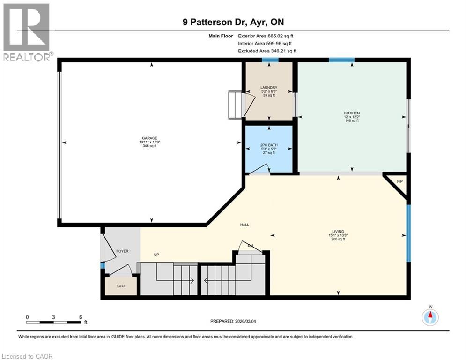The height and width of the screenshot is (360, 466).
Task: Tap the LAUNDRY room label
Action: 269,88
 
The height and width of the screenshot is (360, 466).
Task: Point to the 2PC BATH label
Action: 269,145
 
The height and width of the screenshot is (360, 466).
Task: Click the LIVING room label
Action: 338,232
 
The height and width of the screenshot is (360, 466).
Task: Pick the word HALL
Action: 244,225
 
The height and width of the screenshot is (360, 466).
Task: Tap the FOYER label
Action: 122,251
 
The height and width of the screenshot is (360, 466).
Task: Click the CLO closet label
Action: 121,286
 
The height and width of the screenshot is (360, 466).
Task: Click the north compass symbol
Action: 430,317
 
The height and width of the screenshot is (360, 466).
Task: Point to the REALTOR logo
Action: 26,32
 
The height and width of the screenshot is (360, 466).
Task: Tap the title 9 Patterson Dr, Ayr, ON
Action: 233,22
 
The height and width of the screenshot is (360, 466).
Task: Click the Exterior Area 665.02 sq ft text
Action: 266,36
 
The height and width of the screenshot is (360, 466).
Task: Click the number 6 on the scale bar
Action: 81,317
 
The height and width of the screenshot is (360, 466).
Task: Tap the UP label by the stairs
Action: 157,255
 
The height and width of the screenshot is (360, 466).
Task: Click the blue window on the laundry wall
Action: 269,60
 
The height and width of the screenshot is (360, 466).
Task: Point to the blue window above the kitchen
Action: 341,60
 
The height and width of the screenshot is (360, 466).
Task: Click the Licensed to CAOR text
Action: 27,356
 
